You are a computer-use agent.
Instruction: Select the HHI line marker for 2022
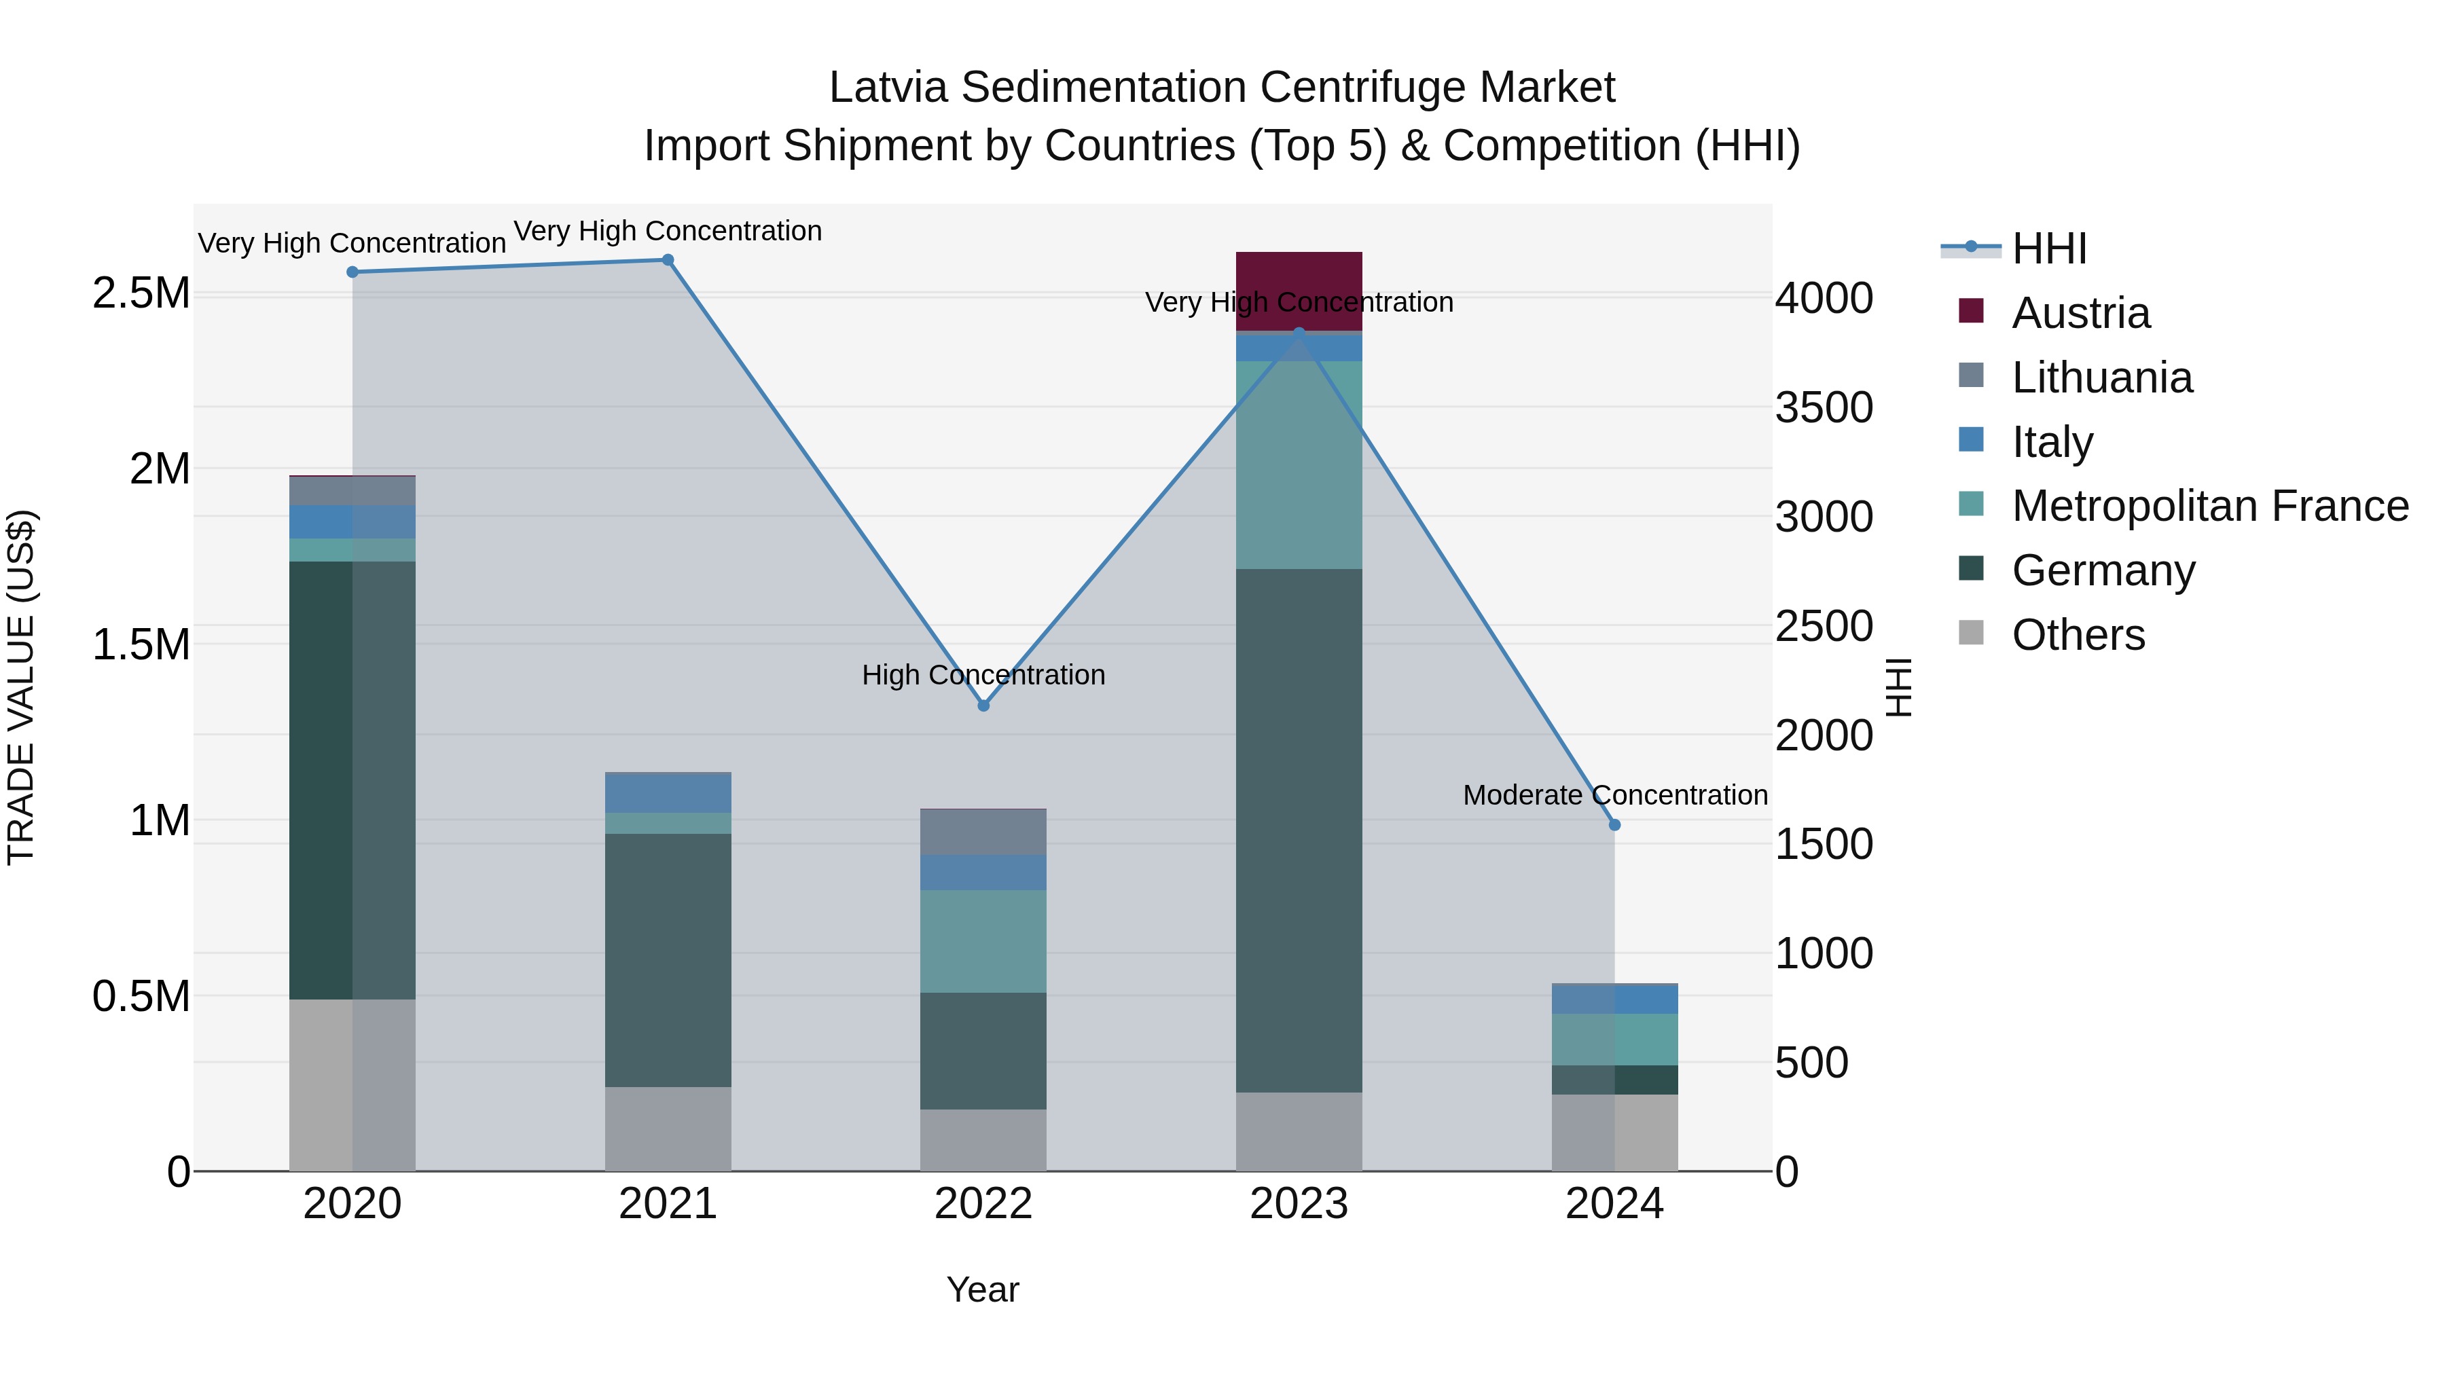click(983, 705)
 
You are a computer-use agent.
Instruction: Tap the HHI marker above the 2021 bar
click(667, 260)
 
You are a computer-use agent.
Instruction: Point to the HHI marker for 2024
click(1614, 824)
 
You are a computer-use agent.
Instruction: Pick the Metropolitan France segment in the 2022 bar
click(983, 940)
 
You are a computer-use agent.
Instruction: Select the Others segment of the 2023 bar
click(1299, 1131)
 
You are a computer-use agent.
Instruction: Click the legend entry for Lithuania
click(2101, 378)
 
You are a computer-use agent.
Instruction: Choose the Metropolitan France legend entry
click(2209, 506)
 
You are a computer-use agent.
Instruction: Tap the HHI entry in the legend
click(2048, 249)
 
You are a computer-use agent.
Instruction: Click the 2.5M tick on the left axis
click(141, 293)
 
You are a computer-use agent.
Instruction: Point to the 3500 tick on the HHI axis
click(1824, 408)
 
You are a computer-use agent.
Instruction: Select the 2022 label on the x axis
click(983, 1204)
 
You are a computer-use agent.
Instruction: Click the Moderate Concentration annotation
click(1614, 795)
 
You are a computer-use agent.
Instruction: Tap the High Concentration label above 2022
click(983, 675)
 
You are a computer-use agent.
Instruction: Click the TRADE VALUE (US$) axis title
click(21, 687)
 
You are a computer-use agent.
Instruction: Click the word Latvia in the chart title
click(888, 88)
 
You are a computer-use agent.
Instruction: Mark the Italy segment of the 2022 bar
click(983, 872)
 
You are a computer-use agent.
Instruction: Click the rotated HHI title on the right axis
click(1898, 687)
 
